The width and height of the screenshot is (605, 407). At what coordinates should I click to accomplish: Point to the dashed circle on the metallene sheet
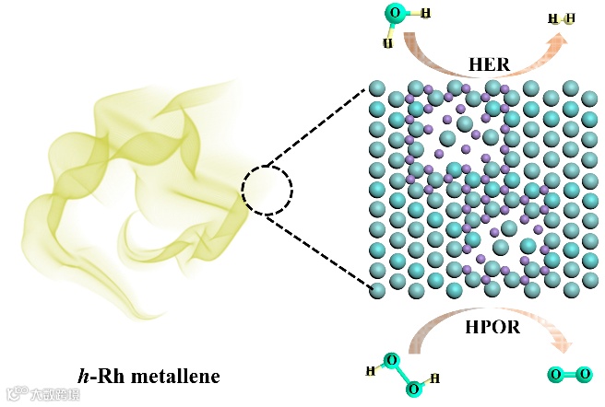coord(267,192)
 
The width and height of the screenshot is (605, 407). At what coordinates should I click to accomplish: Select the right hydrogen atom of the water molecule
coord(428,13)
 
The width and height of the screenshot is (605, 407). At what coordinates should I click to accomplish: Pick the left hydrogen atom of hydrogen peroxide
coord(371,371)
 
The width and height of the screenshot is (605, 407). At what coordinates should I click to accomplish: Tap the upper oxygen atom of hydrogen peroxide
coord(392,361)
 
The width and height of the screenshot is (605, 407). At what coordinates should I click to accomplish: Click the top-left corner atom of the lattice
coord(377,88)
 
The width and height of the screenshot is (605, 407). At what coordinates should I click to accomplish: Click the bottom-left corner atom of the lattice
coord(377,290)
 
